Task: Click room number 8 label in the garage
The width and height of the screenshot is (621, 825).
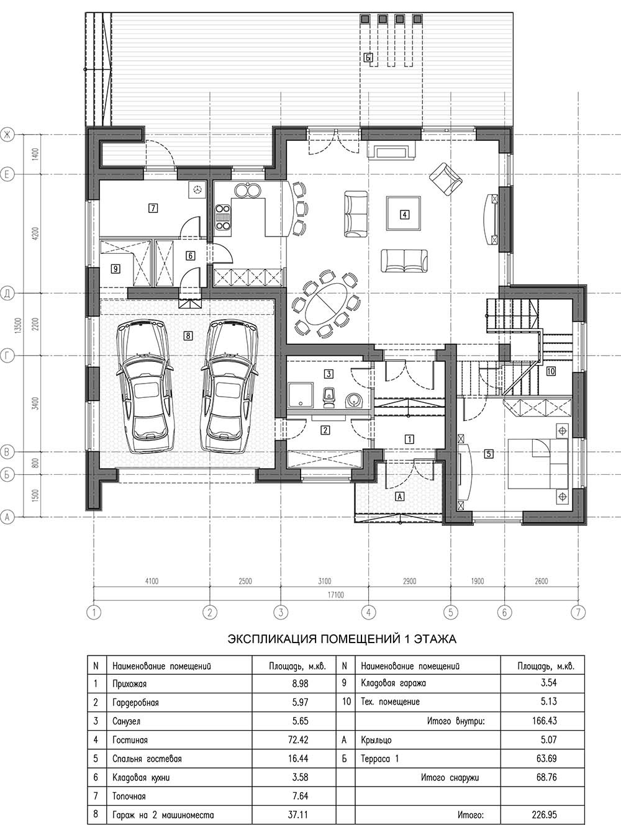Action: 188,335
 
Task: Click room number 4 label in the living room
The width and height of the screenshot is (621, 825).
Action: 404,214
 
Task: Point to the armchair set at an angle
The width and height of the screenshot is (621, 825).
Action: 445,179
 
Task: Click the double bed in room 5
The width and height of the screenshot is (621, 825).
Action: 538,464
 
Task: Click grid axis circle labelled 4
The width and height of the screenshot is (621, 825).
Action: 368,613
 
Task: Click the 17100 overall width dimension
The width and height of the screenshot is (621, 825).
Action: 336,595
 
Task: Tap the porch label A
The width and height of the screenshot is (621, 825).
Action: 400,496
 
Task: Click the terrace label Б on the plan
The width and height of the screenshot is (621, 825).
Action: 368,58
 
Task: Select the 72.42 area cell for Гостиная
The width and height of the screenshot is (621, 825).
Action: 298,740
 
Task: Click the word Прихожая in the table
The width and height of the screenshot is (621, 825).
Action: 129,683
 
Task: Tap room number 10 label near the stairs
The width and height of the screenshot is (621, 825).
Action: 551,371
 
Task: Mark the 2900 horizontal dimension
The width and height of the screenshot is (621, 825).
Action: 409,581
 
